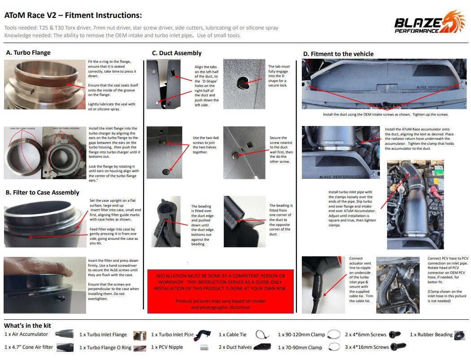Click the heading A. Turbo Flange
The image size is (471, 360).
point(28,52)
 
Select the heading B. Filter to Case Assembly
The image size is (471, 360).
point(43,192)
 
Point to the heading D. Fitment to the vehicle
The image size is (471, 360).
point(338,54)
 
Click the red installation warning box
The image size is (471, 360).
point(220,291)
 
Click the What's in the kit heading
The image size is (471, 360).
point(27,325)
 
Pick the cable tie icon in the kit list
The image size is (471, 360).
point(262,334)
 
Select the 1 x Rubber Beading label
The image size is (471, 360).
point(431,334)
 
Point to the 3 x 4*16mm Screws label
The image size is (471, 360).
point(367,347)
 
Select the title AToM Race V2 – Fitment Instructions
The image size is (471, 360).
point(73,15)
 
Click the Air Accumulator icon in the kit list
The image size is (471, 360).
point(64,334)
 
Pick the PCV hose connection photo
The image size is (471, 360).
point(397,285)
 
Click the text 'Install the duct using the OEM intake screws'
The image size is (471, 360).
point(386,114)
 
